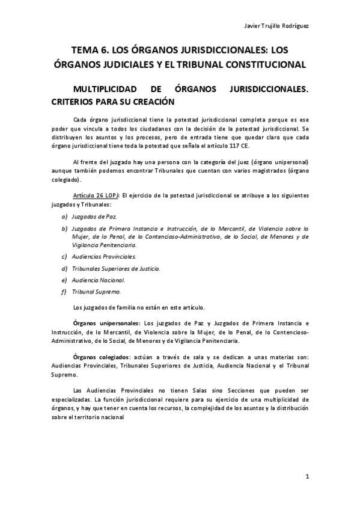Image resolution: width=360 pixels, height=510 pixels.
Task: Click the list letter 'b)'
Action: (64, 229)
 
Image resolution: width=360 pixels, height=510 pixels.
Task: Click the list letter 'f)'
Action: (64, 292)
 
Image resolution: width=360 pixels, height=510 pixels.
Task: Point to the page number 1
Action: (307, 478)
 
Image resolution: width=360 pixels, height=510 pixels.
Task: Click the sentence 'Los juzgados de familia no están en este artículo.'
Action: (139, 308)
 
